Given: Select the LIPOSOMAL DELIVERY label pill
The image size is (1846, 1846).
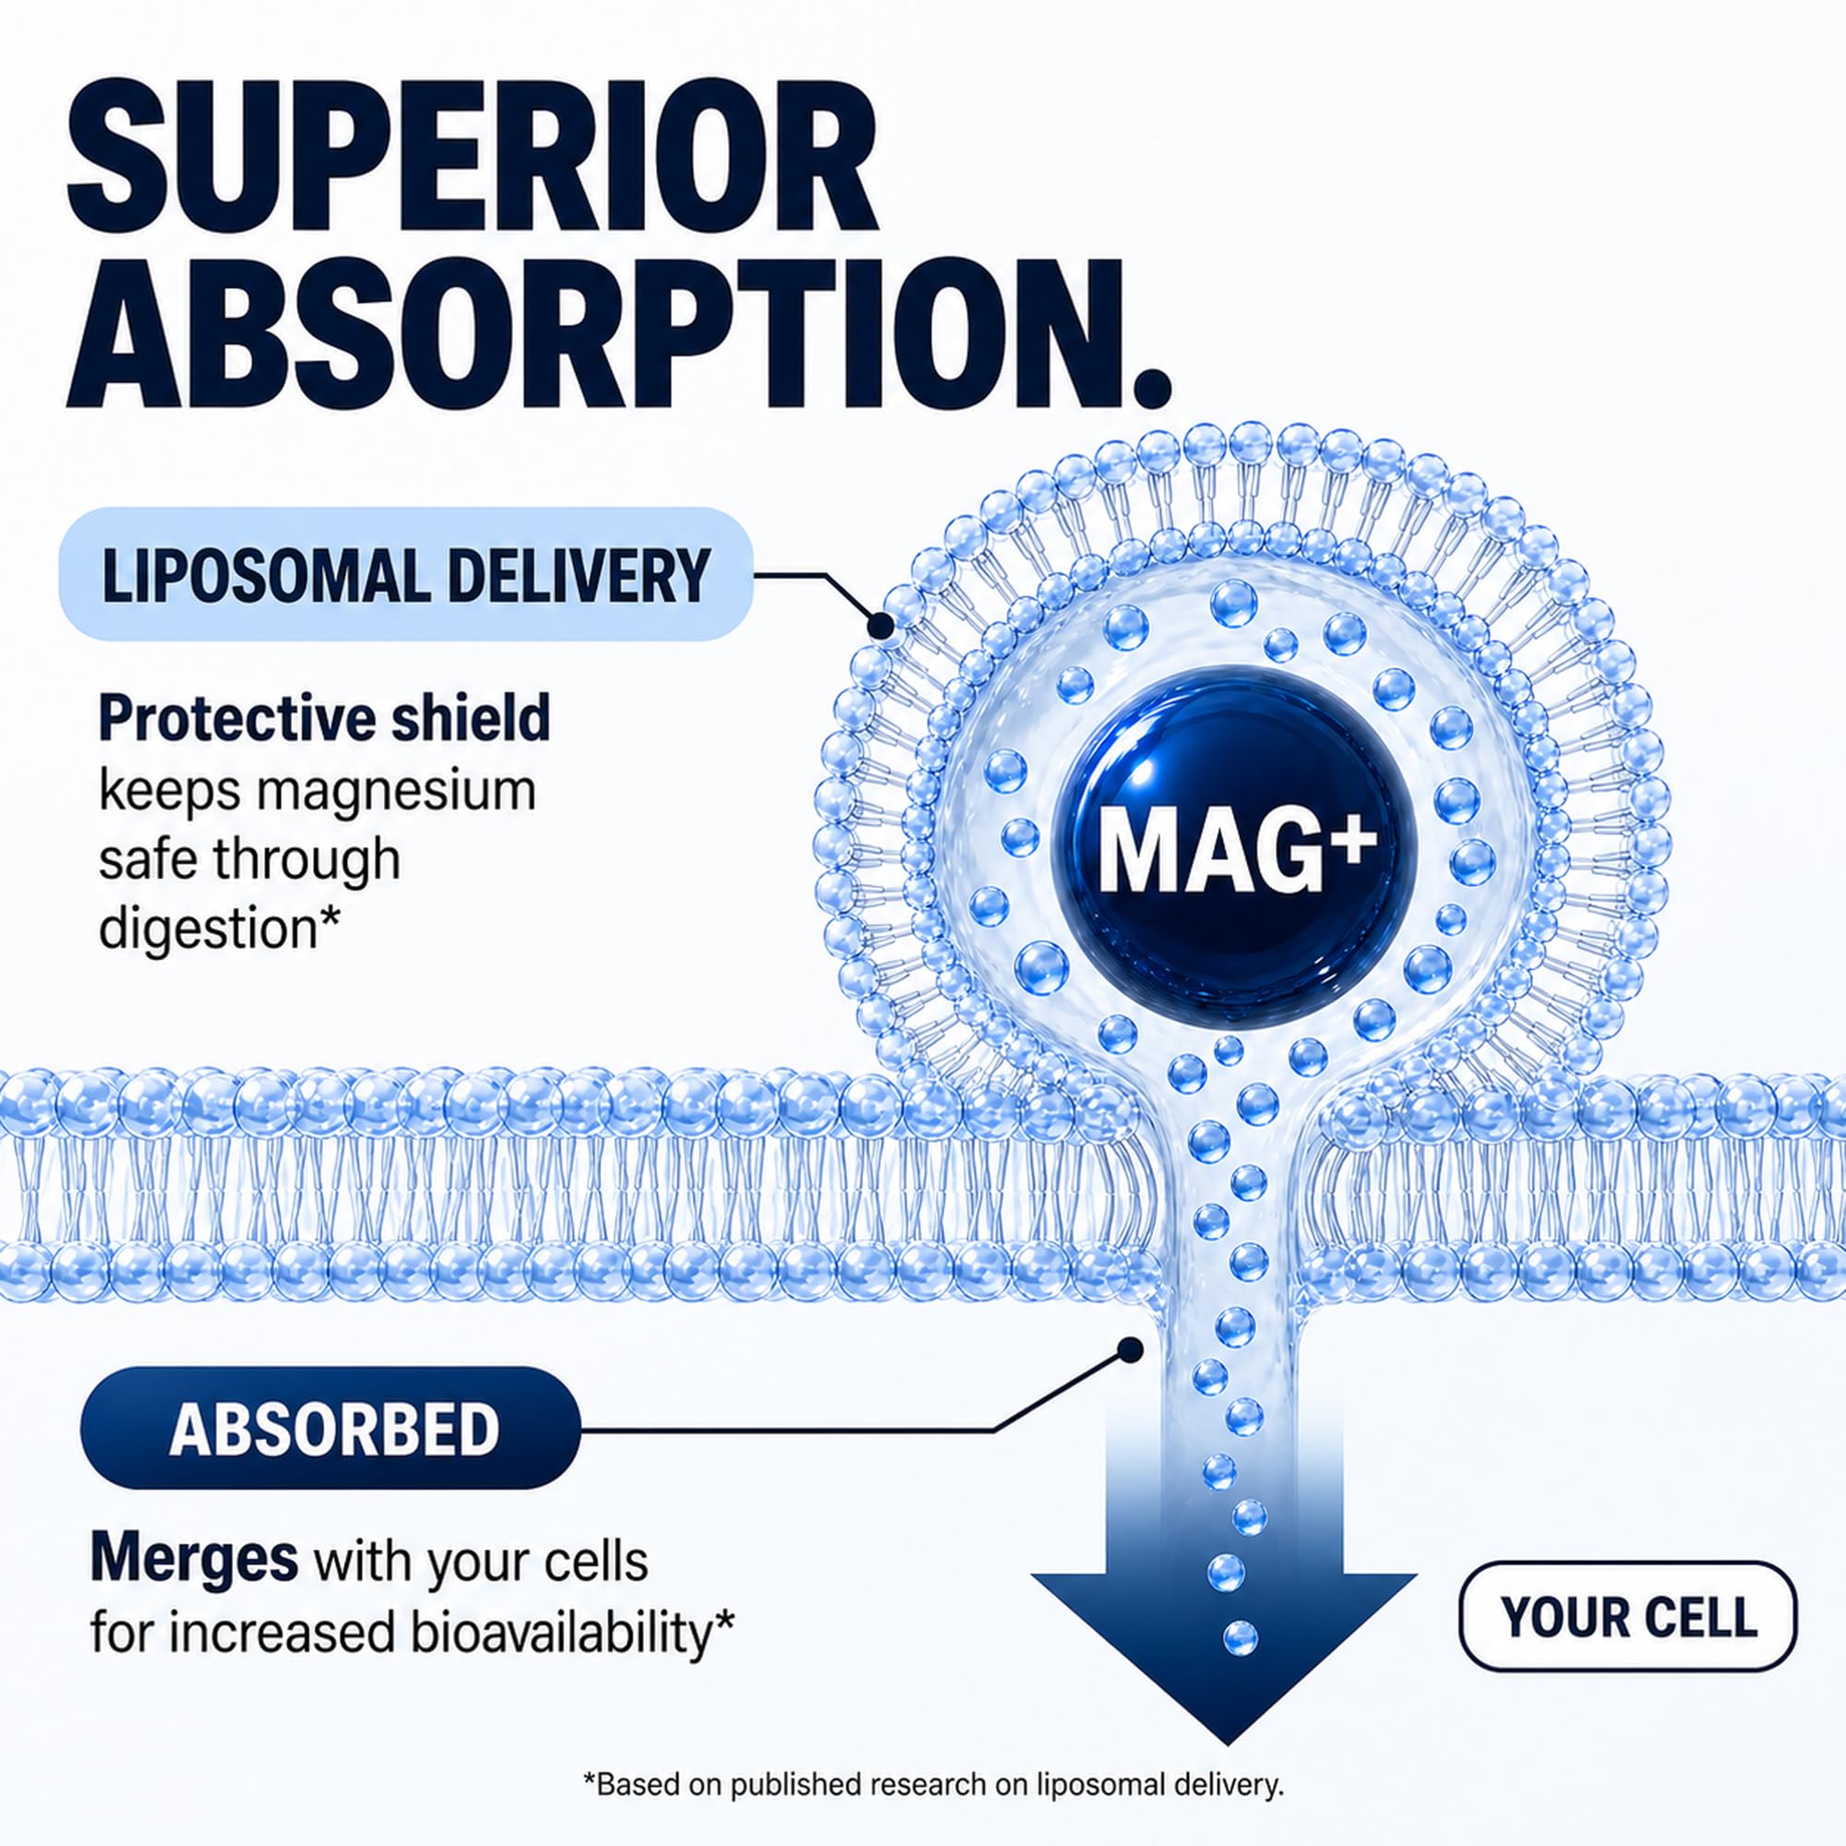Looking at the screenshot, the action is pos(406,575).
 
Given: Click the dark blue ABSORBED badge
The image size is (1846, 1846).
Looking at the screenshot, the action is pos(330,1430).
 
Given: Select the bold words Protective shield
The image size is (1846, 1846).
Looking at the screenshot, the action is pos(325,717).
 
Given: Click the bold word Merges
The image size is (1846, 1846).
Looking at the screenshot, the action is pos(194,1560).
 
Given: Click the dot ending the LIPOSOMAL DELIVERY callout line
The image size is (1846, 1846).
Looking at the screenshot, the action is pos(879,627).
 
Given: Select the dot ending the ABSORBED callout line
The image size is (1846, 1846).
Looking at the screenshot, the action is pos(1131,1350).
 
